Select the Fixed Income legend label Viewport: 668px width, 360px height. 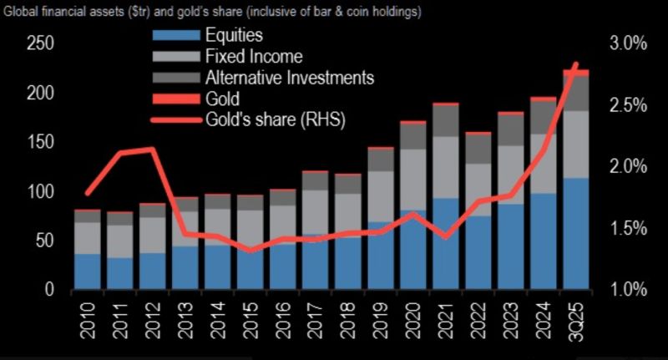click(253, 57)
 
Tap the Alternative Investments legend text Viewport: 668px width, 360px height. click(289, 78)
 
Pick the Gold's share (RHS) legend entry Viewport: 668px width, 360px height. click(275, 119)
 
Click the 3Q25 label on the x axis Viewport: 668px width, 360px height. click(577, 322)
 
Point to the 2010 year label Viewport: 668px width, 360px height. click(86, 322)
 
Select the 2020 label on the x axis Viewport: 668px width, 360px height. click(413, 322)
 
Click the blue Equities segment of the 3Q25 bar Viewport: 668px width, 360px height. click(576, 234)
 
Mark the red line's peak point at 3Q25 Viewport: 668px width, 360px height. click(575, 65)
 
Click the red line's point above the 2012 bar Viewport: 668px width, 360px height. click(151, 150)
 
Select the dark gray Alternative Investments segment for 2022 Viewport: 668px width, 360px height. click(478, 148)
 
